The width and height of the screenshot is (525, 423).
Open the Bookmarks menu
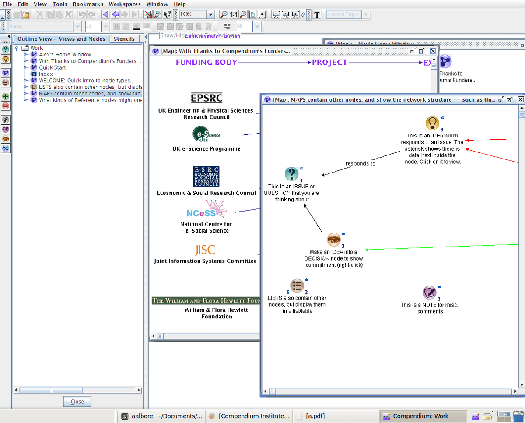tap(88, 4)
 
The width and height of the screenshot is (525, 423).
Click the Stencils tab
tap(124, 39)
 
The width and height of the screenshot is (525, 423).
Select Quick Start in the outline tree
tap(52, 67)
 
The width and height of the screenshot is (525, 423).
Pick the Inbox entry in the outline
tap(45, 74)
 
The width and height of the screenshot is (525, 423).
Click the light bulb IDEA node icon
tap(432, 123)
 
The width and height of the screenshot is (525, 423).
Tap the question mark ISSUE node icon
tap(291, 174)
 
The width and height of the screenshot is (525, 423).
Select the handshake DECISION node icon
tap(334, 240)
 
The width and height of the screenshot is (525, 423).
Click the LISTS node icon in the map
tap(297, 286)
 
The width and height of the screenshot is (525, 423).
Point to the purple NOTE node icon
tap(430, 293)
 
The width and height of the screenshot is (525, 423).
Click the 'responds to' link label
tap(360, 164)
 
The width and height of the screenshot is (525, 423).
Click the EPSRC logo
tap(206, 98)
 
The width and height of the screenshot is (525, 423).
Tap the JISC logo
tap(205, 250)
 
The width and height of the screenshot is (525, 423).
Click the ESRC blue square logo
tap(206, 176)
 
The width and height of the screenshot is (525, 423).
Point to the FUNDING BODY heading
tap(206, 63)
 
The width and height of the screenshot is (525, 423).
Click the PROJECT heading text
tap(329, 63)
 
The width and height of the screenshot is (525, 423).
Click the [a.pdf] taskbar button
tap(315, 416)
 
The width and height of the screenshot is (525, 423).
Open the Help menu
tap(179, 4)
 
